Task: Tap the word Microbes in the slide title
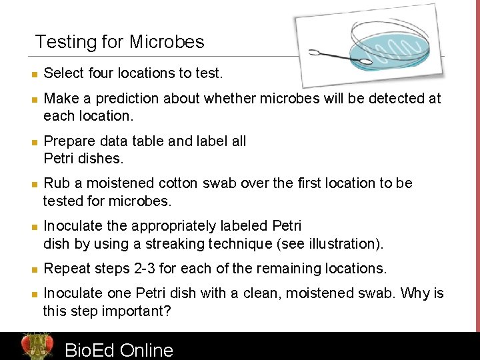coord(167,43)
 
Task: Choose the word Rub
coord(55,183)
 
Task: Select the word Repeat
coord(67,269)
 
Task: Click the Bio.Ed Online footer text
coord(119,350)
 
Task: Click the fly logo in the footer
coord(37,346)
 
